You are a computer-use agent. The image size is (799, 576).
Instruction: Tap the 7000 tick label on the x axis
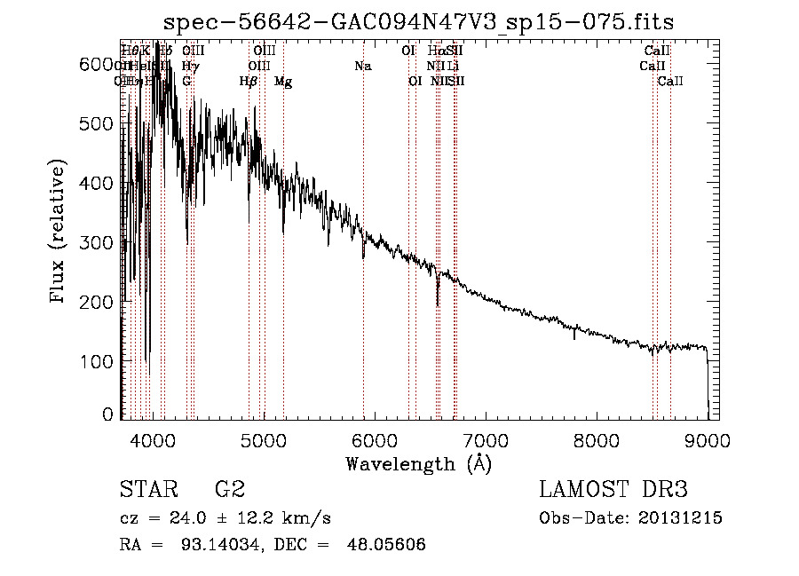click(485, 439)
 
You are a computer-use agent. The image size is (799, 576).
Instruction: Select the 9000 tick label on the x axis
click(707, 439)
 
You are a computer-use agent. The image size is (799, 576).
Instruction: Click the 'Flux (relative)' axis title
click(59, 233)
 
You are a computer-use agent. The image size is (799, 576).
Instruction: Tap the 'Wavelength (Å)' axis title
click(418, 463)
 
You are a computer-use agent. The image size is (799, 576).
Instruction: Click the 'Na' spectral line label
click(362, 66)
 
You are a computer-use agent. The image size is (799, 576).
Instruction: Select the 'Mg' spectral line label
click(283, 82)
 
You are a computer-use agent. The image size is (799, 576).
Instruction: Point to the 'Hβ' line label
click(249, 82)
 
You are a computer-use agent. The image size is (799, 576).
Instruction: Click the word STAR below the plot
click(147, 490)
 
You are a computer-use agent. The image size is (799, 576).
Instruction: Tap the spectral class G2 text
click(229, 490)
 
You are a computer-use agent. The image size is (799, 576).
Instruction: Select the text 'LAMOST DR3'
click(613, 490)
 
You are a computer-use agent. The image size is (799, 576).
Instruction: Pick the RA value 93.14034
click(212, 545)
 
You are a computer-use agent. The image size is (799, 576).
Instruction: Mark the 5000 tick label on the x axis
click(264, 439)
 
